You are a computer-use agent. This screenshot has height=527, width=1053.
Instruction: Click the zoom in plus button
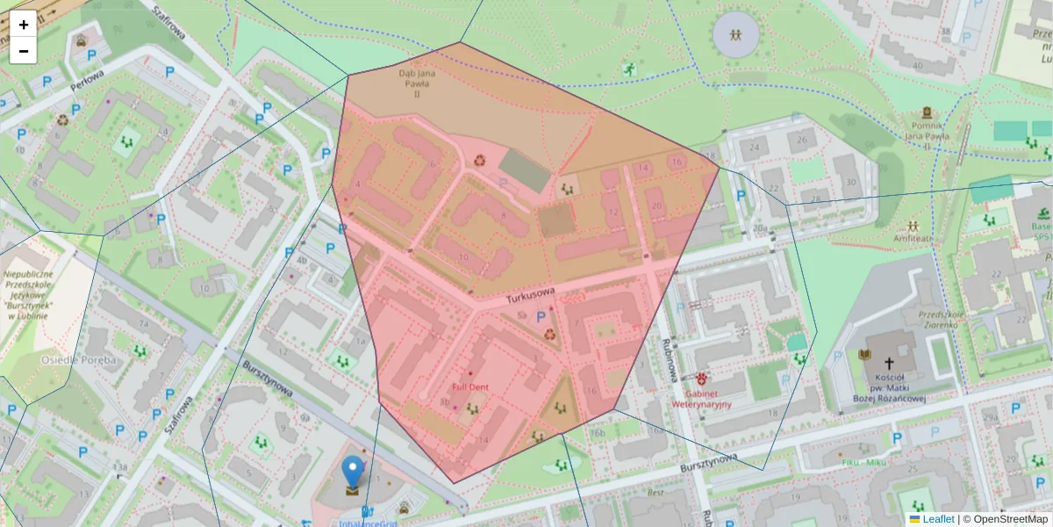click(x=24, y=25)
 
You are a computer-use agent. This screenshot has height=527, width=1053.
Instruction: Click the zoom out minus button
click(x=24, y=51)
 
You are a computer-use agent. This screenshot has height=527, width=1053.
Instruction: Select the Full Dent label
click(x=470, y=386)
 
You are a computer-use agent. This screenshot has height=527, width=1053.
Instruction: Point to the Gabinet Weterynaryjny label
click(x=701, y=400)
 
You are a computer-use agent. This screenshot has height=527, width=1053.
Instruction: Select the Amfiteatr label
click(x=913, y=237)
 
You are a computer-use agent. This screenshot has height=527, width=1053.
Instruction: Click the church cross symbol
click(x=888, y=363)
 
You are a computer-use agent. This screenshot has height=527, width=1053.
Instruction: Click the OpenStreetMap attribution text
click(x=1010, y=519)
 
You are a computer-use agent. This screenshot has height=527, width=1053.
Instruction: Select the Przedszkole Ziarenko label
click(x=942, y=319)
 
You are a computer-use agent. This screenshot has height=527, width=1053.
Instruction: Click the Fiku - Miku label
click(x=863, y=462)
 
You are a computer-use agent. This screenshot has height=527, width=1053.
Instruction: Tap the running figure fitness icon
click(x=628, y=68)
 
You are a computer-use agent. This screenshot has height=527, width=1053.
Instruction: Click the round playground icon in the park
click(x=736, y=35)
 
